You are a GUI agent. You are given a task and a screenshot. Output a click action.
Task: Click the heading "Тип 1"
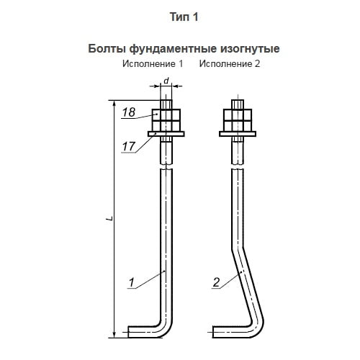click(x=184, y=17)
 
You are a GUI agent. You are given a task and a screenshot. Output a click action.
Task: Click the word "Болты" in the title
click(x=107, y=49)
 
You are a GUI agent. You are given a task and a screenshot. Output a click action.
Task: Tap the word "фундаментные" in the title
click(x=173, y=49)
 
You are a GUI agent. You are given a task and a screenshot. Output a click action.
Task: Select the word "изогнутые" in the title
click(x=250, y=49)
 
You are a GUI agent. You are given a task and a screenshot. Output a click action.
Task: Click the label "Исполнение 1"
click(x=153, y=64)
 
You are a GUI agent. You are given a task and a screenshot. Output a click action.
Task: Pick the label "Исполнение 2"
click(x=230, y=64)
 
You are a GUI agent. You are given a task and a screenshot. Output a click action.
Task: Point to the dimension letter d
click(x=166, y=81)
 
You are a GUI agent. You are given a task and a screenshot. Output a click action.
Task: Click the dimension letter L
click(x=110, y=218)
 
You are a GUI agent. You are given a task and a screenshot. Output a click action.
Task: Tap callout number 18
click(x=129, y=112)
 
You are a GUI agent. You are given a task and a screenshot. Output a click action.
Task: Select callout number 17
click(x=129, y=146)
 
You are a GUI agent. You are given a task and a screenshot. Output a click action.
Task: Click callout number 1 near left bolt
click(x=132, y=282)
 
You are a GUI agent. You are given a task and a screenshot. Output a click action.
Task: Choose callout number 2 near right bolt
click(x=216, y=282)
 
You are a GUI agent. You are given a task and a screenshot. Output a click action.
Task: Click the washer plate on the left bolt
click(x=166, y=134)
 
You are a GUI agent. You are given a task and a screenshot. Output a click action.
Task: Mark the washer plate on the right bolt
click(x=238, y=134)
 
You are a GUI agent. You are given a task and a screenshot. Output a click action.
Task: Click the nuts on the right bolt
click(x=238, y=120)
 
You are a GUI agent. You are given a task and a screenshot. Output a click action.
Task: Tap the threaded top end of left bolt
click(x=166, y=104)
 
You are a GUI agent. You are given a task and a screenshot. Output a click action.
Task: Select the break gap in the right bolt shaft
click(x=238, y=167)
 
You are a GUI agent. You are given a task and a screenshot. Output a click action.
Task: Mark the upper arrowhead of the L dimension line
click(x=114, y=103)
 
